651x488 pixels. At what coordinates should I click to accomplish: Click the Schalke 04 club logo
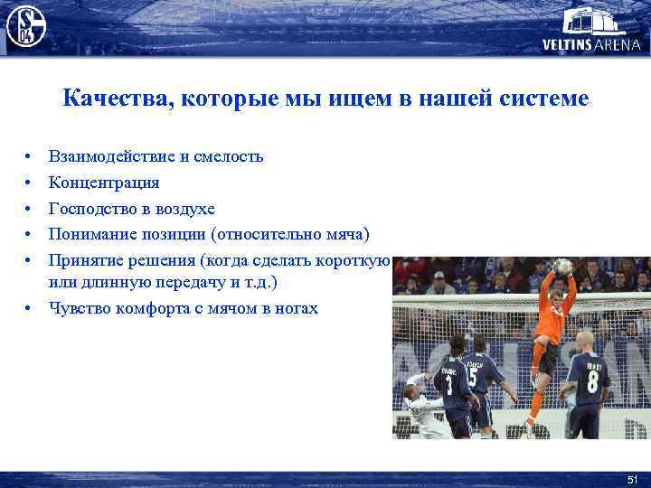tap(25, 25)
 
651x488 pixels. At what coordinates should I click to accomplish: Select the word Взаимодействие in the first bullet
tap(108, 156)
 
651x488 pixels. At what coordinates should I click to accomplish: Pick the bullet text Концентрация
tap(104, 183)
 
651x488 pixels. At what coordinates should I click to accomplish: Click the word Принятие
tap(89, 261)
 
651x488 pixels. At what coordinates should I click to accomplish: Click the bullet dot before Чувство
tap(30, 309)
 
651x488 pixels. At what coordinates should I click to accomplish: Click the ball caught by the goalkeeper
tap(562, 267)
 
